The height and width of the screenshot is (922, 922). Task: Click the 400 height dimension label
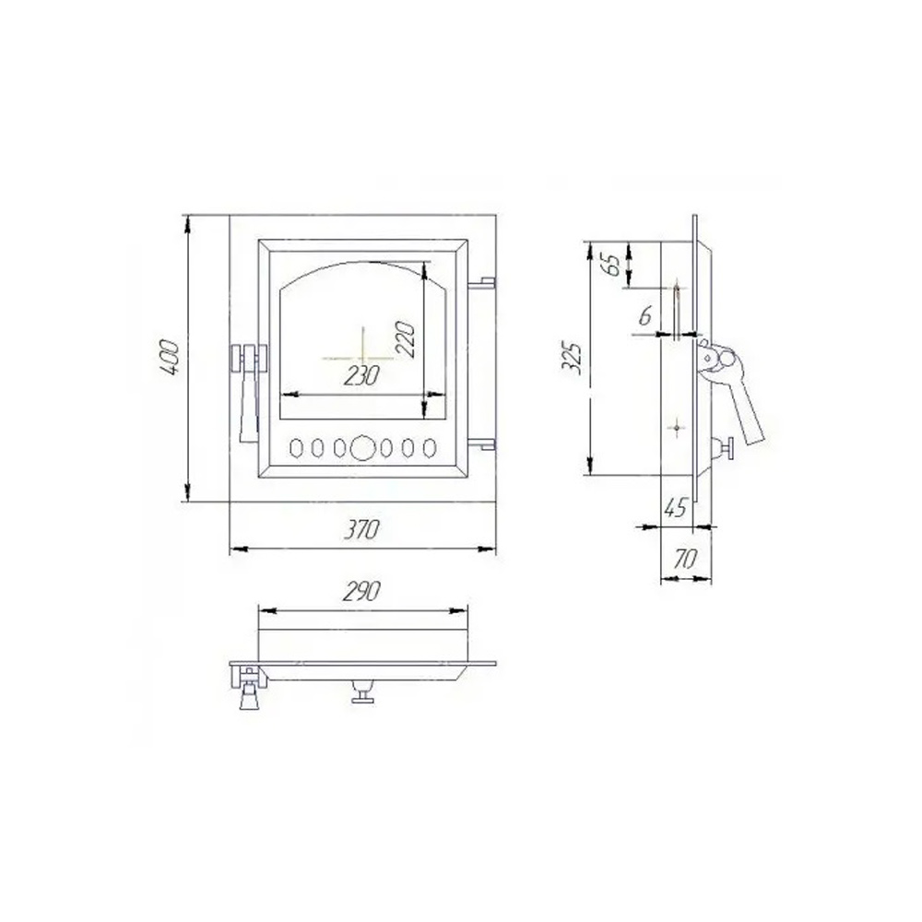click(x=170, y=357)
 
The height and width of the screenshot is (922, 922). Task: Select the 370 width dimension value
click(x=361, y=530)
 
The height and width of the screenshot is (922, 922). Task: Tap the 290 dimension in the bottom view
click(x=361, y=592)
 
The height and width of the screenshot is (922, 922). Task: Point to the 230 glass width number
click(x=361, y=376)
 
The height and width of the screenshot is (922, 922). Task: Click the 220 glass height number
click(x=406, y=338)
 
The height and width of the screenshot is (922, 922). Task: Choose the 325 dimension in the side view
click(x=572, y=357)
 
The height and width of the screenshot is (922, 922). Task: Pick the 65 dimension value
click(x=612, y=265)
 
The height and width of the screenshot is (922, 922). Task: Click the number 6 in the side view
click(x=645, y=316)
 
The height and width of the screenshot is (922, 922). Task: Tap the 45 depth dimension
click(x=675, y=507)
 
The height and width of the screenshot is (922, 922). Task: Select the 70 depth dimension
click(x=685, y=559)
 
